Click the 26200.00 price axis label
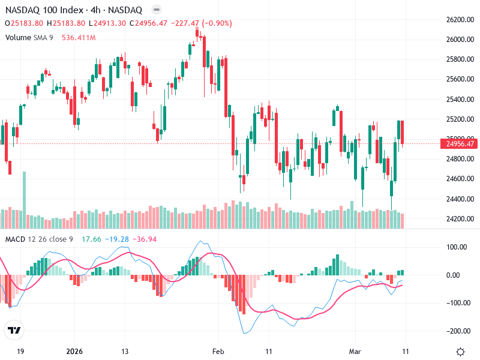(x=460, y=20)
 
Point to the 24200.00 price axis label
(x=460, y=218)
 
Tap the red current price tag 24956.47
(x=460, y=143)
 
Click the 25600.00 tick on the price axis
(x=460, y=79)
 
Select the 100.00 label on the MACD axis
(x=457, y=247)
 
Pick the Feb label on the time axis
(x=218, y=352)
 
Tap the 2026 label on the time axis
(x=74, y=352)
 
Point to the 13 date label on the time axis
(x=125, y=352)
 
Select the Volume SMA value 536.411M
(x=79, y=37)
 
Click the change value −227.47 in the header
(x=185, y=23)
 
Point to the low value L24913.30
(x=107, y=23)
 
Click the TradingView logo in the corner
(x=14, y=331)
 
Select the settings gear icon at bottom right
(x=460, y=352)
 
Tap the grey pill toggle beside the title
(x=156, y=10)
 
